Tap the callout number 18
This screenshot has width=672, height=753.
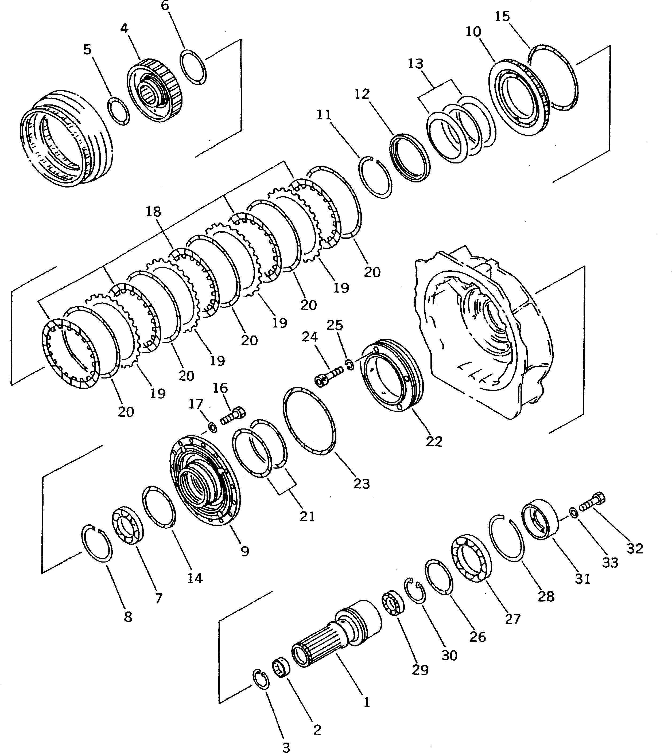153,212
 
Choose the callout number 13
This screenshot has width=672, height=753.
415,64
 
